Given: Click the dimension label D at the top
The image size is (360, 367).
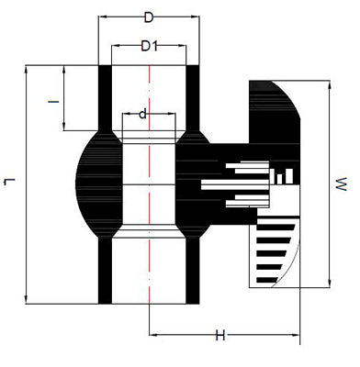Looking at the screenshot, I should click(x=149, y=17).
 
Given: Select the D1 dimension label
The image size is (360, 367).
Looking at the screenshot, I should click(x=149, y=46).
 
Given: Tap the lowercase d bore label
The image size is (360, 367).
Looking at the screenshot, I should click(x=143, y=114).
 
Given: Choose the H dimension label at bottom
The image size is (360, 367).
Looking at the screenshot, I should click(x=220, y=336).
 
